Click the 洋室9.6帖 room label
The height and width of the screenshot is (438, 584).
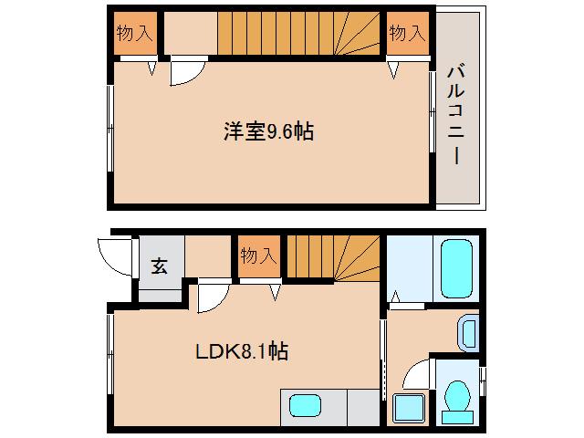pos(269,131)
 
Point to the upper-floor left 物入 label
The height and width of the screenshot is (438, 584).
pos(133,34)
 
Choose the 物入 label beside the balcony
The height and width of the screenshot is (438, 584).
pos(406,34)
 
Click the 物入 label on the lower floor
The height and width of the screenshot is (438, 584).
pos(256,256)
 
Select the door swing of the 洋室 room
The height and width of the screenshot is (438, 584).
pos(186,74)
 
